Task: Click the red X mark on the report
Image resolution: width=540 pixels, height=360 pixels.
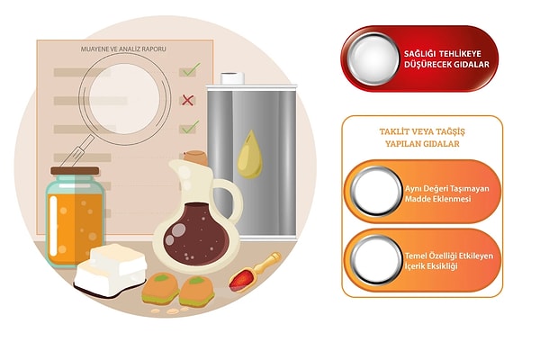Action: [187, 100]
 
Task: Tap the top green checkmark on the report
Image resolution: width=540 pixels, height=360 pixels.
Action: [191, 69]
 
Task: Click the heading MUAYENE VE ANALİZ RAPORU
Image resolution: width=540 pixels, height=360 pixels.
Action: [123, 49]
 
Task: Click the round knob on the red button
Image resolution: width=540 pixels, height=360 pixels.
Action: [373, 58]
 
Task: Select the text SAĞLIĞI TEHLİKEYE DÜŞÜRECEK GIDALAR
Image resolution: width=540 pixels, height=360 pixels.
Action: [446, 58]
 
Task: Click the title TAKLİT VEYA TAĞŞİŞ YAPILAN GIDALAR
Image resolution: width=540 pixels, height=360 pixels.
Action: [422, 138]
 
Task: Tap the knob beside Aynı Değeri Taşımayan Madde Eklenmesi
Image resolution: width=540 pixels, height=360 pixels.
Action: [376, 191]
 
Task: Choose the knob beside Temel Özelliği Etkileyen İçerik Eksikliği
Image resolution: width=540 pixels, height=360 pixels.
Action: [376, 260]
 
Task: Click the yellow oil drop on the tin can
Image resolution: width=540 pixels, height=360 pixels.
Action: [250, 154]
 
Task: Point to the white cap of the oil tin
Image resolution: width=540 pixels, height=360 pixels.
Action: [233, 78]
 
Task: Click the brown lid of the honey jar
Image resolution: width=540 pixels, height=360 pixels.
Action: [75, 171]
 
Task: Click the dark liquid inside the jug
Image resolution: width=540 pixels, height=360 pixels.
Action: [196, 234]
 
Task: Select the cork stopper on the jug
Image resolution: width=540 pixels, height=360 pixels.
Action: [196, 157]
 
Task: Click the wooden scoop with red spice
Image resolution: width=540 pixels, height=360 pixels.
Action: [255, 272]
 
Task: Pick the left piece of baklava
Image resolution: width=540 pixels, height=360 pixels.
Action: [160, 289]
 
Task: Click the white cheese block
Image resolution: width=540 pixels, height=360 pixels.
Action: [111, 271]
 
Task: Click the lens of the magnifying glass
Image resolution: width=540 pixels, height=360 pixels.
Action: [125, 99]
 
